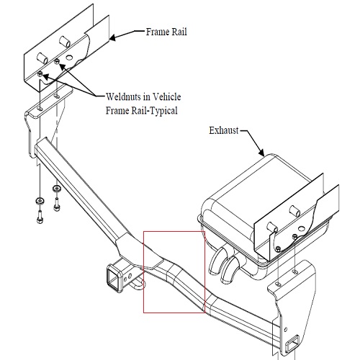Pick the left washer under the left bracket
(x=38, y=199)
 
